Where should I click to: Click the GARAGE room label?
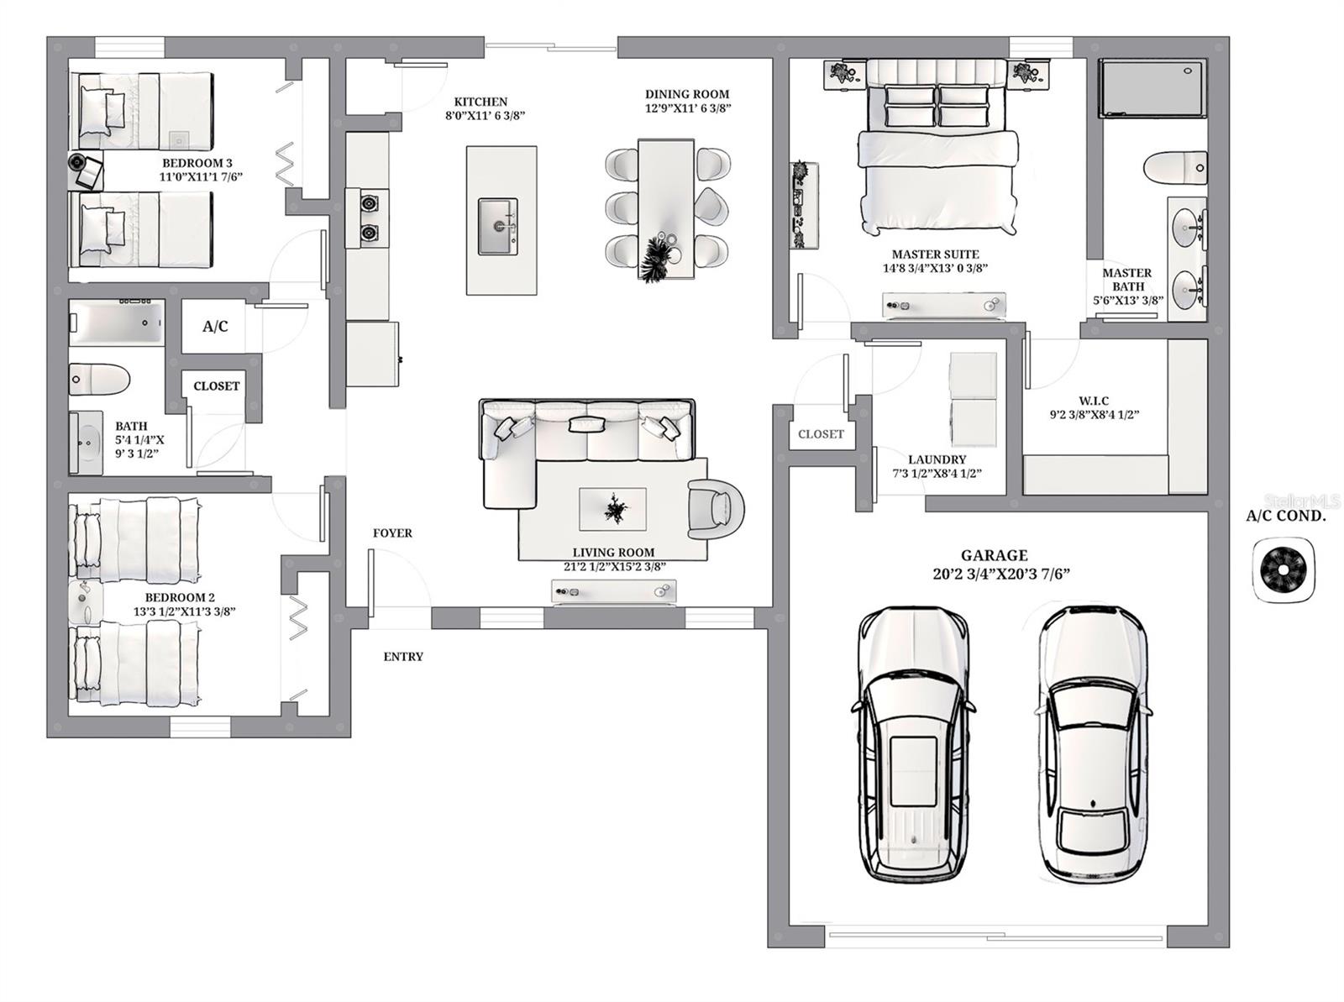pyautogui.click(x=994, y=555)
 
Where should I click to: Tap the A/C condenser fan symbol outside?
pyautogui.click(x=1283, y=571)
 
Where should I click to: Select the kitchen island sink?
pyautogui.click(x=498, y=226)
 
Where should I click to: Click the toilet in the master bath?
pyautogui.click(x=1176, y=167)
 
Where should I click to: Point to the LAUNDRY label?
pyautogui.click(x=937, y=459)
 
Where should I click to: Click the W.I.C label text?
pyautogui.click(x=1094, y=401)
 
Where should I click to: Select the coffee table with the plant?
pyautogui.click(x=612, y=509)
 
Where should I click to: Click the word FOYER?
pyautogui.click(x=392, y=532)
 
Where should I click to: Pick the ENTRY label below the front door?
pyautogui.click(x=403, y=657)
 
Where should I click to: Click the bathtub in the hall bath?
pyautogui.click(x=117, y=323)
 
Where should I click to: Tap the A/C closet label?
pyautogui.click(x=215, y=326)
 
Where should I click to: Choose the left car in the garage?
pyautogui.click(x=913, y=743)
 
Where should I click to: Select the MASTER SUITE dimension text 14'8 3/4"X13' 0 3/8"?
pyautogui.click(x=935, y=269)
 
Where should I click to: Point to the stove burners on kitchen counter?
pyautogui.click(x=369, y=218)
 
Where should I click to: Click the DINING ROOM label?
pyautogui.click(x=687, y=94)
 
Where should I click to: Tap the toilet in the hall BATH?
pyautogui.click(x=98, y=379)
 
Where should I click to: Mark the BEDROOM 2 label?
pyautogui.click(x=180, y=597)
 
